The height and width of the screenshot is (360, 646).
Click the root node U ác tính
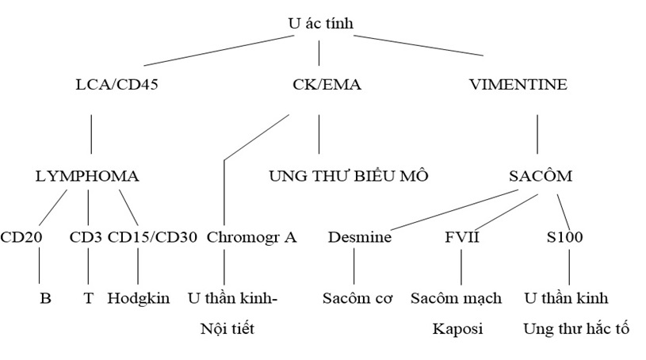[x=320, y=24]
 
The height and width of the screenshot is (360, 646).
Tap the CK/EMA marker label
[x=320, y=85]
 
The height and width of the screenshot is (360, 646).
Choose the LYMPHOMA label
[x=87, y=176]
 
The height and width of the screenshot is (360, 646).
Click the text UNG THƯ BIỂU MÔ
[x=348, y=176]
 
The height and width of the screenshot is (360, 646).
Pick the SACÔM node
[x=540, y=176]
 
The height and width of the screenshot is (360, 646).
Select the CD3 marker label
[x=86, y=236]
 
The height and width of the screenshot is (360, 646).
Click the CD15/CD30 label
[x=152, y=236]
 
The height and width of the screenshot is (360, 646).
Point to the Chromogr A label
[x=251, y=236]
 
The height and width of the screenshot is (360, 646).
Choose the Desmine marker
[x=359, y=236]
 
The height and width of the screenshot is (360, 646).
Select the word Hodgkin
[x=139, y=299]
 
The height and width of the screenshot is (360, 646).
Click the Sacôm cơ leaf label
[x=358, y=299]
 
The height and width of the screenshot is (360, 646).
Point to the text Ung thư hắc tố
[x=575, y=328]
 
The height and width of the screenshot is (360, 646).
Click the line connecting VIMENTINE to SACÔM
[x=538, y=133]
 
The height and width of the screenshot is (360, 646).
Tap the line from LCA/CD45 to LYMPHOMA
[x=91, y=133]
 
